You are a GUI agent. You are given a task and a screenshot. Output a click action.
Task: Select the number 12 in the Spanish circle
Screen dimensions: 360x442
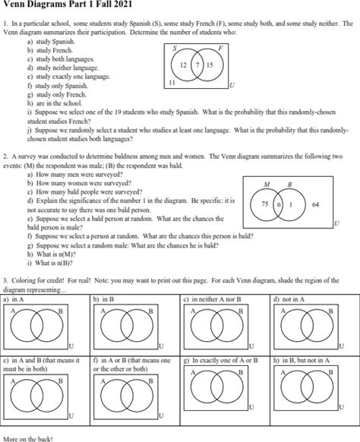(184, 66)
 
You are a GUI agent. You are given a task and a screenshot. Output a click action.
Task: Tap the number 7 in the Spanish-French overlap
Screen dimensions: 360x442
(197, 66)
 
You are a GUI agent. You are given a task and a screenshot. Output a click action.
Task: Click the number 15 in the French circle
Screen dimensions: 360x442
(210, 66)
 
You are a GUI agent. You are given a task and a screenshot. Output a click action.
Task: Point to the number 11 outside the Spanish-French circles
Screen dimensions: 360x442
(172, 81)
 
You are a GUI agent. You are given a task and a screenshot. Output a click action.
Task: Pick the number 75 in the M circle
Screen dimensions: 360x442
(265, 205)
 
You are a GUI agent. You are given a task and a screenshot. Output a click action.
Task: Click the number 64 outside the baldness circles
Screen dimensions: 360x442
(315, 205)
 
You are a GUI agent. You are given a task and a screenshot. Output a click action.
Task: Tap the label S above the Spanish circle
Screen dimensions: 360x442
(175, 49)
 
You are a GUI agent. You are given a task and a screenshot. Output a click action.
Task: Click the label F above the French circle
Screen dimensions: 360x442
(219, 49)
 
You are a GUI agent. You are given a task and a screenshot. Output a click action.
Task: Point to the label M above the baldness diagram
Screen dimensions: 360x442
(266, 185)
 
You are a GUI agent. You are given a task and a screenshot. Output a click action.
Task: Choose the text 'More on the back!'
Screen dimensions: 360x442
(28, 438)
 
